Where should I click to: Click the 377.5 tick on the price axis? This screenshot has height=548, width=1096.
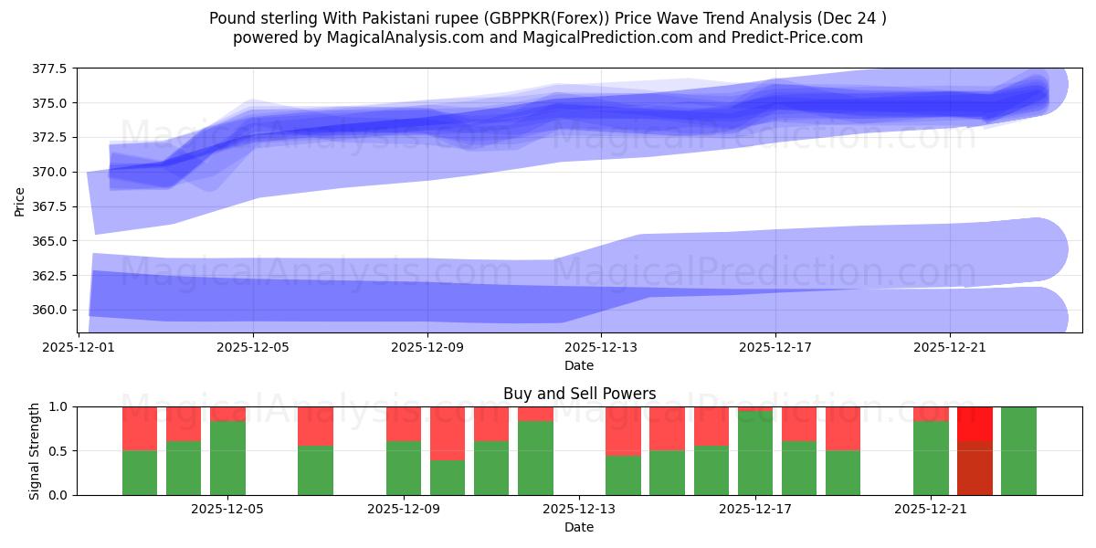(x=51, y=68)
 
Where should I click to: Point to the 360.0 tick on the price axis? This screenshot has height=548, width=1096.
(x=51, y=310)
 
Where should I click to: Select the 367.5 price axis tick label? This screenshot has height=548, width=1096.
(x=51, y=206)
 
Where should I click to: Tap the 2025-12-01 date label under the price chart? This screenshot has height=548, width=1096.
(x=79, y=347)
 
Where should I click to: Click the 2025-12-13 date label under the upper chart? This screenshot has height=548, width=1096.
(x=602, y=347)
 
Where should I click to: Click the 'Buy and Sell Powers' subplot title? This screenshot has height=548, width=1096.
(x=579, y=395)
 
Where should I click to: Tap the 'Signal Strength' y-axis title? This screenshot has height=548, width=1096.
(x=35, y=450)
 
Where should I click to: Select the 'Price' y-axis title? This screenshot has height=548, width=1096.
(x=20, y=201)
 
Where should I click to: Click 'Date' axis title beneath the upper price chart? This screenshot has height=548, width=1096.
(x=579, y=365)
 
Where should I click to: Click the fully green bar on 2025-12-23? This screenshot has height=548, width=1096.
(x=1018, y=450)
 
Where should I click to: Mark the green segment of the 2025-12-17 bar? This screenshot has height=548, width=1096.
(x=755, y=453)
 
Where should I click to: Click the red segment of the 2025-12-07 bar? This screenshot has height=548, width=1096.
(x=315, y=426)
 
